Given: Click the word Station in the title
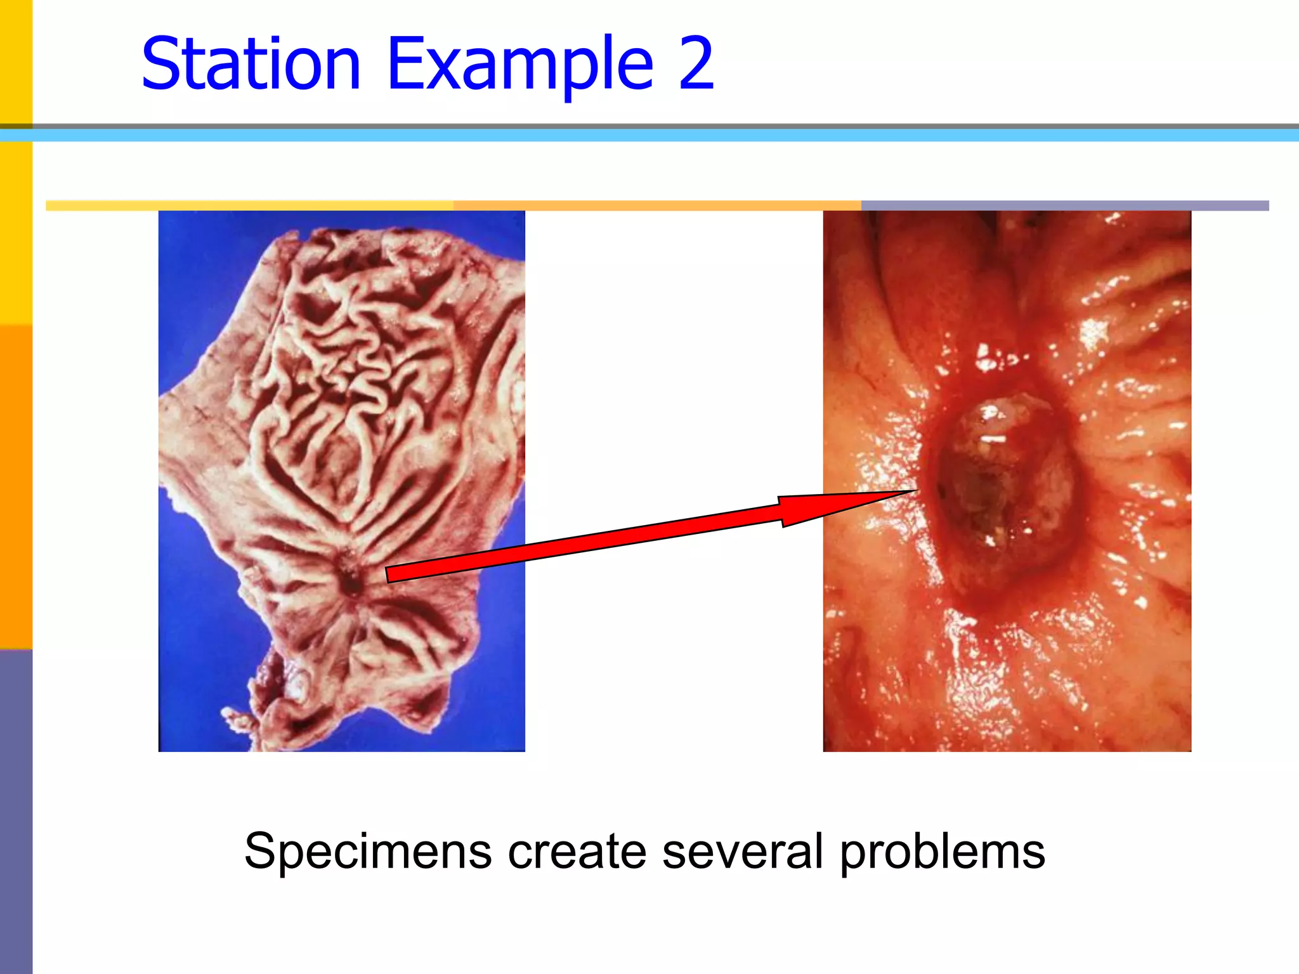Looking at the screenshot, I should [251, 63].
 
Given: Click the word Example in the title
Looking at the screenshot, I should [520, 63].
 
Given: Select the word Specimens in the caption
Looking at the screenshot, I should [368, 851].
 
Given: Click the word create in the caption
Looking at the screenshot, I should [577, 851].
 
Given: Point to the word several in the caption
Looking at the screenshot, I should [742, 851].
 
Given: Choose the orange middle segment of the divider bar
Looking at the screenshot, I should [656, 205].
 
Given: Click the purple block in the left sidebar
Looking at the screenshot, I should [16, 812].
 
